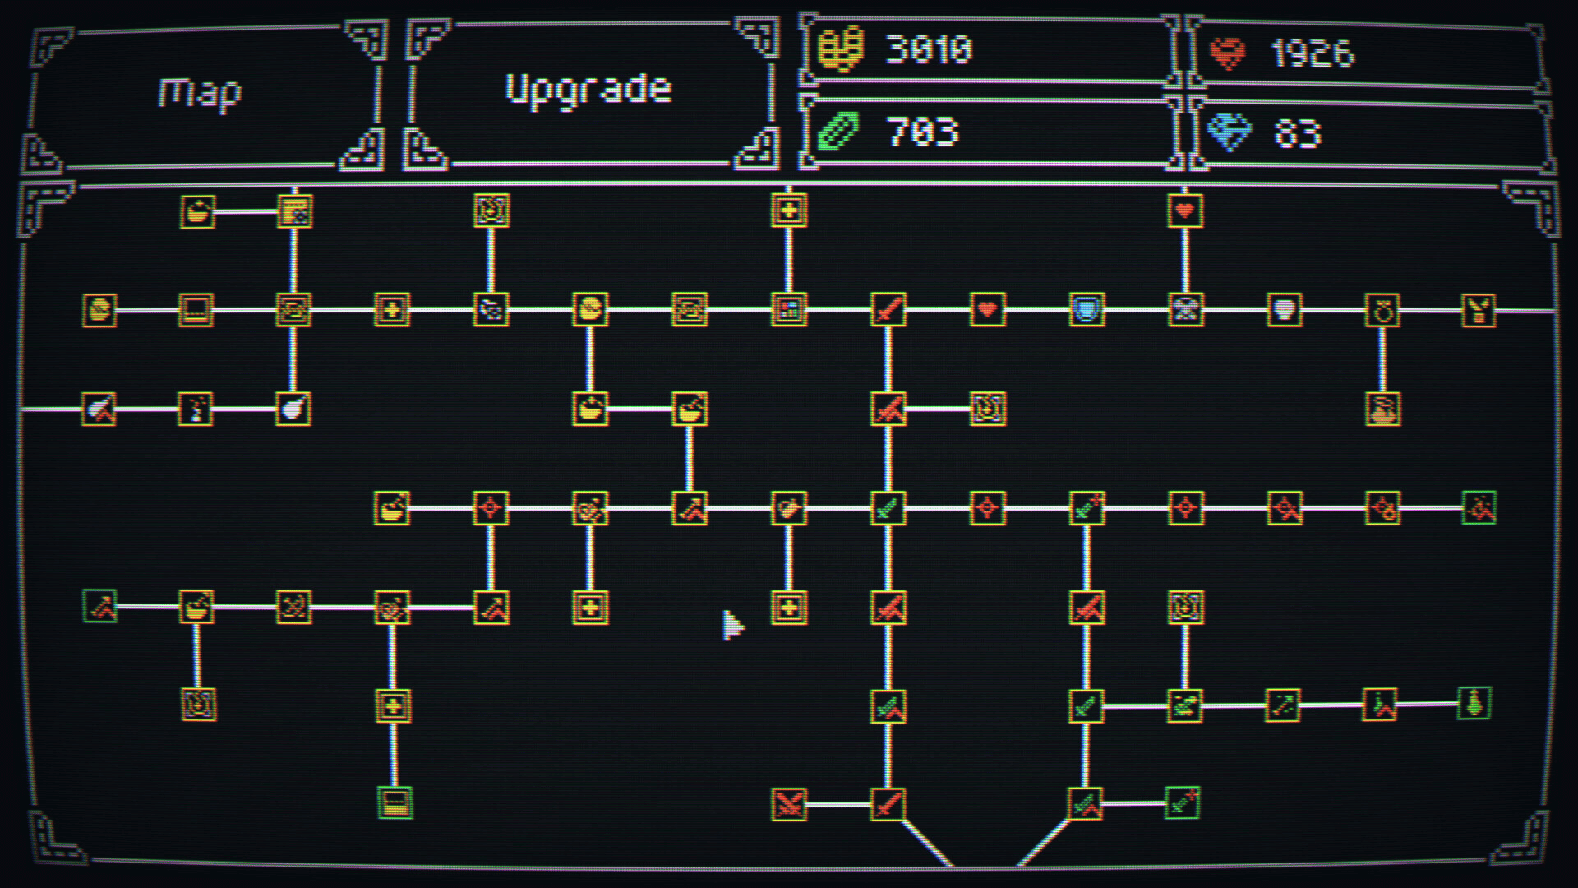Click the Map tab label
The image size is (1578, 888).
pyautogui.click(x=200, y=93)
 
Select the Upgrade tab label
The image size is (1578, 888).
pyautogui.click(x=588, y=89)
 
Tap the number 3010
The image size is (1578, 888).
pyautogui.click(x=929, y=50)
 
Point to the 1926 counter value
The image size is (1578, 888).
pyautogui.click(x=1312, y=53)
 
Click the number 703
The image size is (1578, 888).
pyautogui.click(x=922, y=132)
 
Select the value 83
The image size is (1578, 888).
pyautogui.click(x=1297, y=133)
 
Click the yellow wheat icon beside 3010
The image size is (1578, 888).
pyautogui.click(x=840, y=49)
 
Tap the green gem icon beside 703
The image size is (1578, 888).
pyautogui.click(x=839, y=132)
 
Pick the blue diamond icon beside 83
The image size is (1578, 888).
pyautogui.click(x=1228, y=132)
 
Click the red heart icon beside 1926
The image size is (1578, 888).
pyautogui.click(x=1228, y=53)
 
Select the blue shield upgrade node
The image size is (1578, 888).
pyautogui.click(x=1086, y=310)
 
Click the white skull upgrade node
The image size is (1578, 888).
pyautogui.click(x=1284, y=310)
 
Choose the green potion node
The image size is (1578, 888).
pyautogui.click(x=1474, y=704)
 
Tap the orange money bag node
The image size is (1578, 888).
pyautogui.click(x=1383, y=409)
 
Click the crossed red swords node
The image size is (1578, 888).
pyautogui.click(x=789, y=804)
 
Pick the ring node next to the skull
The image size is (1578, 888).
pyautogui.click(x=1383, y=310)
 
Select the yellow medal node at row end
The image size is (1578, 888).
pyautogui.click(x=1479, y=310)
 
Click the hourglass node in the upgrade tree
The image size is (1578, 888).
pyautogui.click(x=1185, y=310)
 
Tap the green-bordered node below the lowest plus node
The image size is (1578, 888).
pyautogui.click(x=394, y=803)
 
